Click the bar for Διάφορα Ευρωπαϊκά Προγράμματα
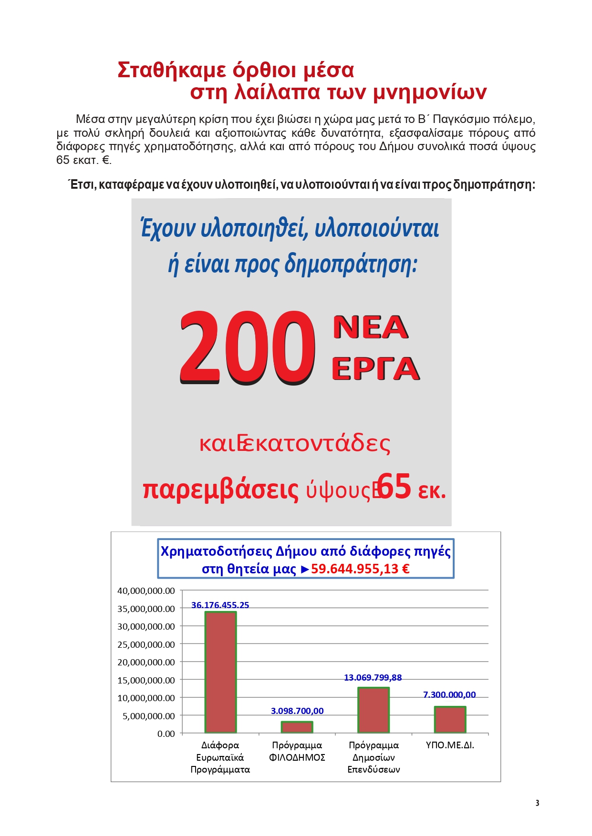220,672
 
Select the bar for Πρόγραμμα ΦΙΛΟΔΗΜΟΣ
297,727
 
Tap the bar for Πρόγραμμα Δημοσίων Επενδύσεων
374,710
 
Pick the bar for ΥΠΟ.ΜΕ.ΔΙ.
450,719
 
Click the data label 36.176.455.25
220,605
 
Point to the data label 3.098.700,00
297,711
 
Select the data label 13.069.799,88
373,677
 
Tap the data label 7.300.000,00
449,694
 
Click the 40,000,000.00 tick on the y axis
146,591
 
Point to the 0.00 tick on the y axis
166,734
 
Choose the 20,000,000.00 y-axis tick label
146,662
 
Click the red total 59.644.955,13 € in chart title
360,569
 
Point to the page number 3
537,803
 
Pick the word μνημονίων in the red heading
429,92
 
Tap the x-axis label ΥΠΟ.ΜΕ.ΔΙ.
450,745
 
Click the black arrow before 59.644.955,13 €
305,569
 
